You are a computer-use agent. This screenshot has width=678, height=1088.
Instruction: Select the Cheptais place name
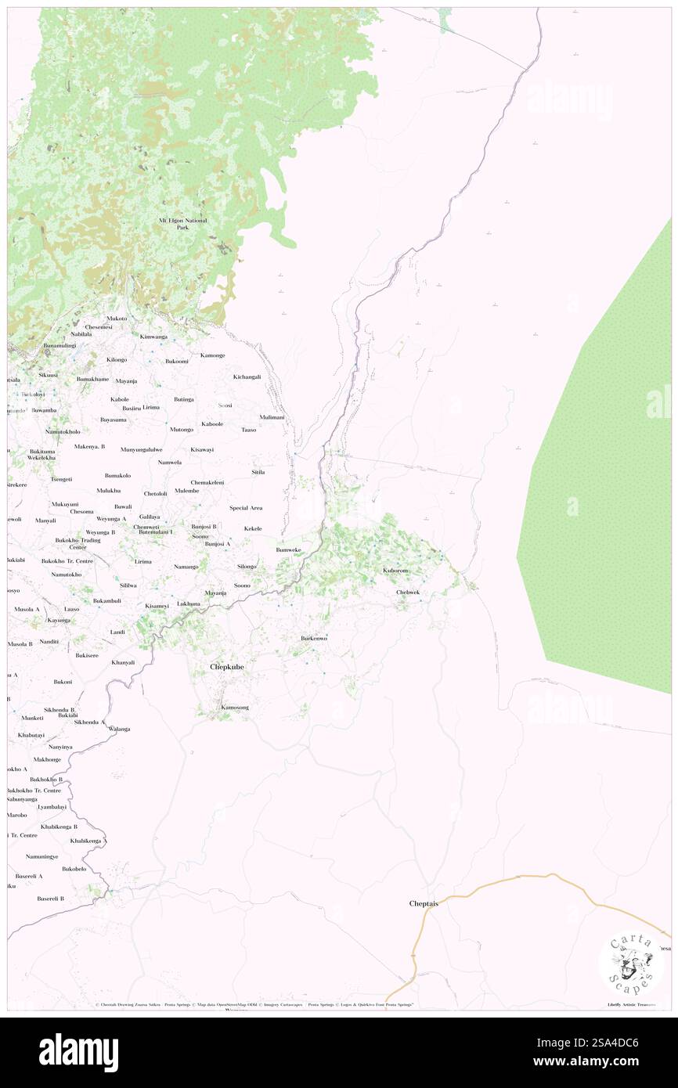pyautogui.click(x=424, y=903)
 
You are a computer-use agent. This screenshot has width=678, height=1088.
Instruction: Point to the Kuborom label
pyautogui.click(x=395, y=571)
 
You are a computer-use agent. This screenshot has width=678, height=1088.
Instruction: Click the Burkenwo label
pyautogui.click(x=314, y=639)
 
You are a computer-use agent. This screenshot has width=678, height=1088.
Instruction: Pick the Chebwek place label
pyautogui.click(x=408, y=593)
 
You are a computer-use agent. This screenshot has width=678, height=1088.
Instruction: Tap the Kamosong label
pyautogui.click(x=235, y=708)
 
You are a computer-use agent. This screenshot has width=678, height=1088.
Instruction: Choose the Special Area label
pyautogui.click(x=246, y=508)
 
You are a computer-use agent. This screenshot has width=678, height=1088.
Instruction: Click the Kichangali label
pyautogui.click(x=247, y=376)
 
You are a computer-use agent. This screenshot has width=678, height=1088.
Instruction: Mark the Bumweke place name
pyautogui.click(x=288, y=549)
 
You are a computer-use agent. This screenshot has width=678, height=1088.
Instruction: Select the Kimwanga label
pyautogui.click(x=153, y=337)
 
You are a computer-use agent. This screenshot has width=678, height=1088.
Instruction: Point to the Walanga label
pyautogui.click(x=119, y=729)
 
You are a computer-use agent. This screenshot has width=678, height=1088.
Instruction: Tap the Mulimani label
pyautogui.click(x=272, y=418)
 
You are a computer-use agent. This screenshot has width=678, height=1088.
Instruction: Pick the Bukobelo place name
pyautogui.click(x=74, y=869)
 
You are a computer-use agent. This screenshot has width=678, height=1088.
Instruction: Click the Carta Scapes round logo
pyautogui.click(x=631, y=964)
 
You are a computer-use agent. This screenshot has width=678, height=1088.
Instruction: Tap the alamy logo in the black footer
pyautogui.click(x=78, y=1053)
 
